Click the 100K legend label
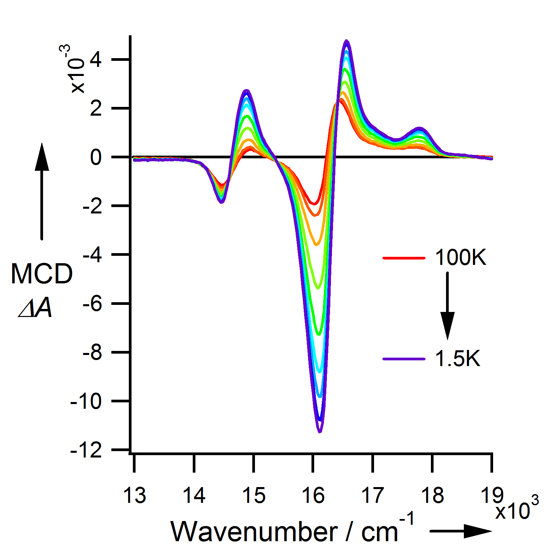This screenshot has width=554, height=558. coord(460,258)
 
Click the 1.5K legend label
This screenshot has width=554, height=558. coord(457,358)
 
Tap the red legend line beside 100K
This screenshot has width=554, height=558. coord(404,258)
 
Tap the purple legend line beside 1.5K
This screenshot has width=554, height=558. coord(404,359)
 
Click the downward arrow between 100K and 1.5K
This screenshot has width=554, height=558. coord(447,306)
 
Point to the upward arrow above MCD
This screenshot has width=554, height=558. coord(42,192)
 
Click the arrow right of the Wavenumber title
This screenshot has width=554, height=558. coord(461,531)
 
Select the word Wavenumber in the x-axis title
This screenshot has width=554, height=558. coord(254,532)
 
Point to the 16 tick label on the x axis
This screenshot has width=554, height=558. coord(313,495)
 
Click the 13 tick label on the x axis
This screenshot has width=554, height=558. coord(135,495)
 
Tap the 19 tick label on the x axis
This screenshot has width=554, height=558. coord(492,495)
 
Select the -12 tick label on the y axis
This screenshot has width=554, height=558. coord(86,450)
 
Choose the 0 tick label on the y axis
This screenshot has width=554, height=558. coord(96,157)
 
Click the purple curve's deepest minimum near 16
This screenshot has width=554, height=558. coord(320,431)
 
